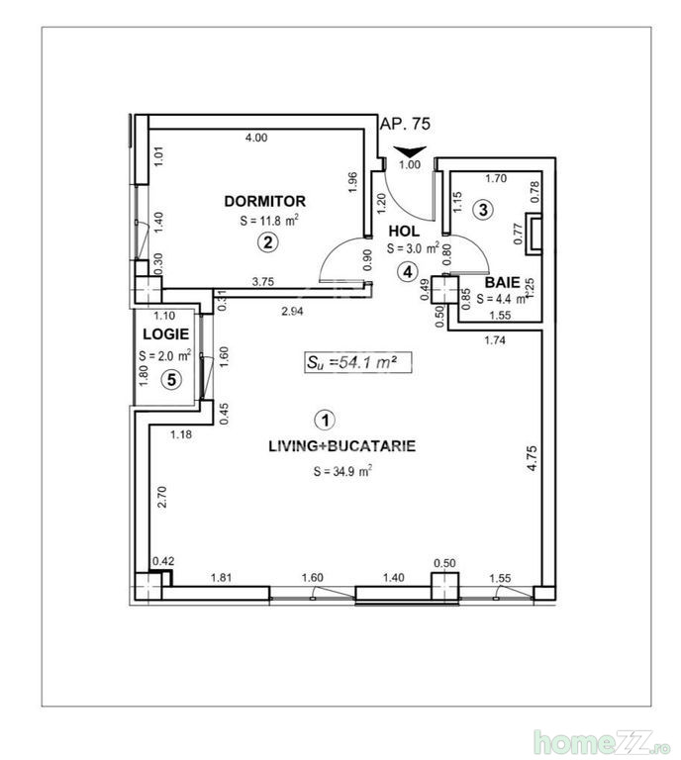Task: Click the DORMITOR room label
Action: (264, 201)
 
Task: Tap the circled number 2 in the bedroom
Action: (267, 242)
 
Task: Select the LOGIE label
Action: (165, 333)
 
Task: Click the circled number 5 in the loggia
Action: (171, 380)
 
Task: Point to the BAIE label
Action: (502, 282)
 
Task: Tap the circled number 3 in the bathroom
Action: (483, 210)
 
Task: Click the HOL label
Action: (404, 232)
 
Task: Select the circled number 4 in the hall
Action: (407, 272)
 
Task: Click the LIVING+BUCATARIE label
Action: (341, 446)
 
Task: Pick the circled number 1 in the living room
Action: (325, 421)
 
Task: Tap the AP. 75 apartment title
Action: (405, 124)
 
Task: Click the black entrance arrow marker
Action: (410, 150)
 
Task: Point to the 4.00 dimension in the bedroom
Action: (256, 138)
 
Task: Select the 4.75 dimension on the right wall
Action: (532, 458)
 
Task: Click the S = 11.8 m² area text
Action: (269, 221)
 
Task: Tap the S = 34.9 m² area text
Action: (342, 471)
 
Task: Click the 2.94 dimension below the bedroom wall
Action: (292, 311)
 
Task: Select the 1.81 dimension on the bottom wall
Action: (221, 577)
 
